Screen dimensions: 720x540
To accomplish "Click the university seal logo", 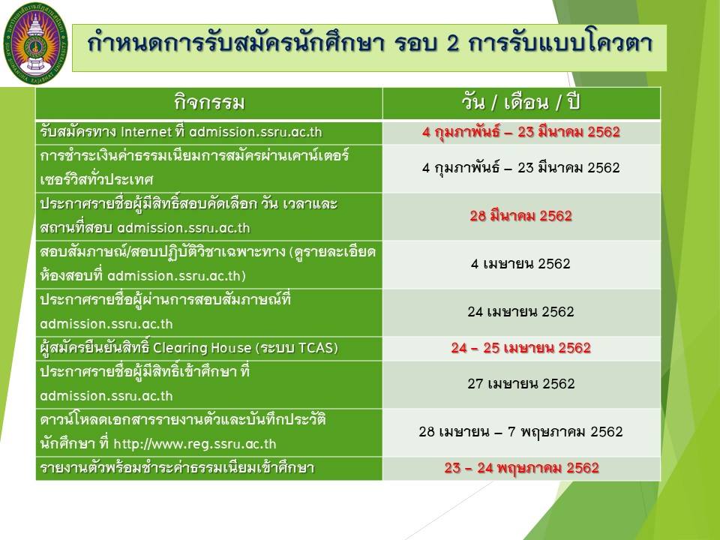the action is click(35, 43).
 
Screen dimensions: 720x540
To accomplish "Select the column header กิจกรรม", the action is click(209, 102).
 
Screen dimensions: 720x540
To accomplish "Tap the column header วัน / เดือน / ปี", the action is click(521, 101).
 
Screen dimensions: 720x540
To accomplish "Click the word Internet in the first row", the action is click(146, 132).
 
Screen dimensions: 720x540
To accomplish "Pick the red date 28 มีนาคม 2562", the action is click(521, 216).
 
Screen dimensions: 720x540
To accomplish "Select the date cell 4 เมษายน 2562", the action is click(520, 263).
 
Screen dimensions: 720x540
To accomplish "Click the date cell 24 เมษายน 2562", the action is click(520, 312).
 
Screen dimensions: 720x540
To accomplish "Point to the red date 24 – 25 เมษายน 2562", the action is click(520, 347).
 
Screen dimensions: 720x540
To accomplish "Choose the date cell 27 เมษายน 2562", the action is click(521, 383).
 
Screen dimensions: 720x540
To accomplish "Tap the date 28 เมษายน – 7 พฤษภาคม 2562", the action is click(520, 432).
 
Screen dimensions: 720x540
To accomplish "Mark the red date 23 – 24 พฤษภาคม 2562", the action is click(522, 468).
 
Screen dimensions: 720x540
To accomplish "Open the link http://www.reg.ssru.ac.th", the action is click(195, 444).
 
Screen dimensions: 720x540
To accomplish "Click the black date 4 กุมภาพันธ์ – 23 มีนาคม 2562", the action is click(520, 167).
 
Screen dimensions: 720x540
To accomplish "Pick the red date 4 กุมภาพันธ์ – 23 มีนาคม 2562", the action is click(520, 132).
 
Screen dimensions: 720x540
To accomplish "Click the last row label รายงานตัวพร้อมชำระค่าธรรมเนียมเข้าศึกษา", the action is click(177, 468).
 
